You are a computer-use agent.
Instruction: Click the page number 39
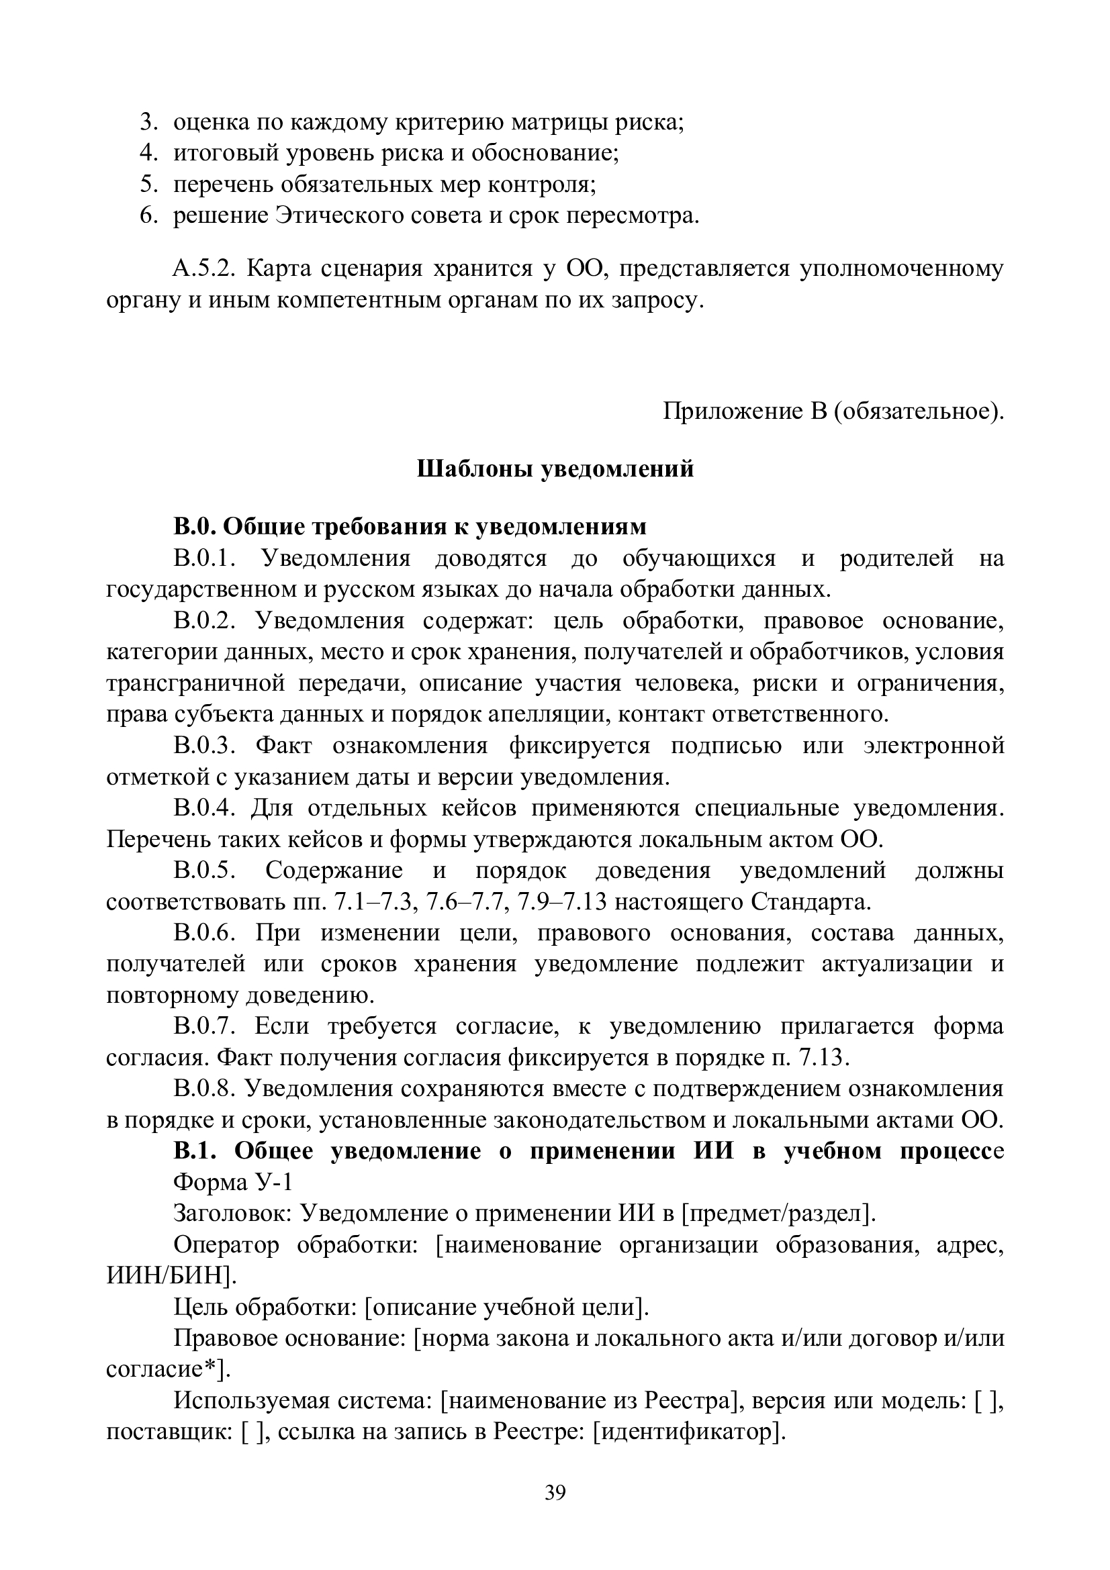tap(555, 1492)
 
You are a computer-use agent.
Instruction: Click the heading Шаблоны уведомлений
tap(555, 469)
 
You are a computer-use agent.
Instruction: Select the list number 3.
tap(148, 122)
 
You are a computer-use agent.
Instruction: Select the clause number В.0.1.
tap(205, 558)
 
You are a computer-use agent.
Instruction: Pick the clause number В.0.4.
tap(205, 807)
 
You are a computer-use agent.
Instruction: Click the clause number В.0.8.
tap(205, 1088)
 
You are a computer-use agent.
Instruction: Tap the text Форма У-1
tap(232, 1181)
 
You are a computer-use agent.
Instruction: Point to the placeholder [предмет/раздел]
tap(779, 1213)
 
